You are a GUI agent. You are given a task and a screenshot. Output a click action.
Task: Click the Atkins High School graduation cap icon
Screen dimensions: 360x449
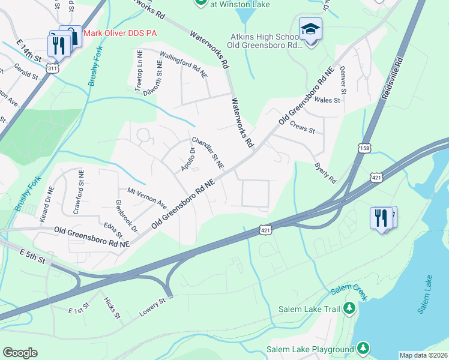tap(310, 29)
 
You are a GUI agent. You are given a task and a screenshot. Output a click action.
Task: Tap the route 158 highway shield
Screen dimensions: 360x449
tap(364, 148)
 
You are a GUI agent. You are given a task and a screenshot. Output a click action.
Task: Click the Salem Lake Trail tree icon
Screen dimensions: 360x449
tap(349, 309)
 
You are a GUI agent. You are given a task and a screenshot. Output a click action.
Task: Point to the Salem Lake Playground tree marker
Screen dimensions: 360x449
tap(363, 348)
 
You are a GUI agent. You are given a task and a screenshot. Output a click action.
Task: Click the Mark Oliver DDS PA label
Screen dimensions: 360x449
tap(119, 33)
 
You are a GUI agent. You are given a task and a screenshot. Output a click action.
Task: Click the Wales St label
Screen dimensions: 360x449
tap(327, 100)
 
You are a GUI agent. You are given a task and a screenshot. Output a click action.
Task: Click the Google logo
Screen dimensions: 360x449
tap(20, 352)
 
